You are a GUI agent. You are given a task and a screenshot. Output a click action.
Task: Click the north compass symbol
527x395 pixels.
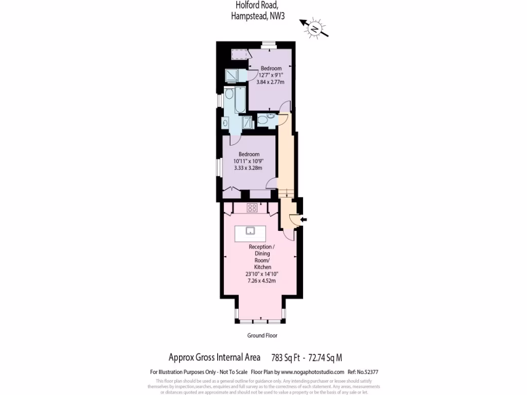(x=314, y=29)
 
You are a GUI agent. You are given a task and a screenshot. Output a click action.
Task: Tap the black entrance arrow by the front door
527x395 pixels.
(x=303, y=220)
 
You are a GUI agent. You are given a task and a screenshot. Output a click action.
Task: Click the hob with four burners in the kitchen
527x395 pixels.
(x=252, y=208)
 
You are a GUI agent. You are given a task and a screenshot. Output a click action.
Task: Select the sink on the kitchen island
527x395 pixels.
(x=251, y=230)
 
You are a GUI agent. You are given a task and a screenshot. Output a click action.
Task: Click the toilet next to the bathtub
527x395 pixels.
(x=229, y=95)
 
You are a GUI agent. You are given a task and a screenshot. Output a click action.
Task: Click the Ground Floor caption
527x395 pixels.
(x=262, y=335)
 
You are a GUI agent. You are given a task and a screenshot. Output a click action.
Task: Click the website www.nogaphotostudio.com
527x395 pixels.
(x=312, y=372)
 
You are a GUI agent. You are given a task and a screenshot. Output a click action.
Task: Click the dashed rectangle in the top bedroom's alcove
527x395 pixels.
(x=238, y=53)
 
